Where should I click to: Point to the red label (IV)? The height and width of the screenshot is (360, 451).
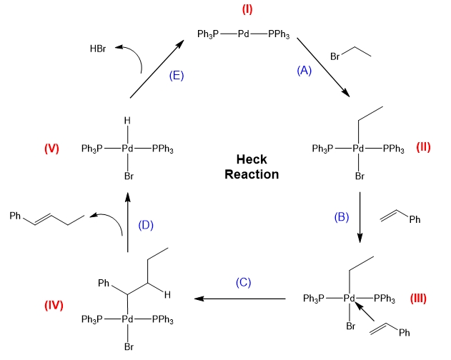tap(54, 305)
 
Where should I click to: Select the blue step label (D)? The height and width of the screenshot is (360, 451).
tap(146, 226)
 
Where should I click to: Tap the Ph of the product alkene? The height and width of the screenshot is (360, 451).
tap(15, 214)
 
